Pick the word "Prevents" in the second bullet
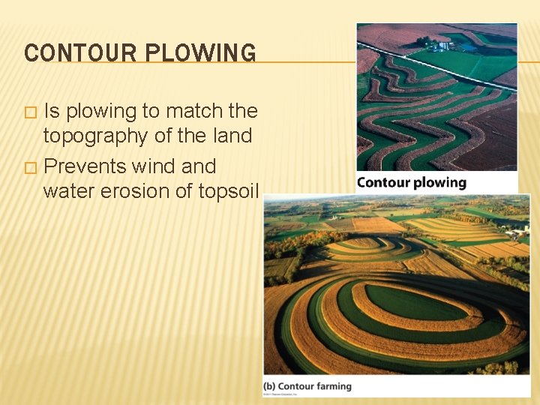pos(85,166)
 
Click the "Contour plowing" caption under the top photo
pos(411,182)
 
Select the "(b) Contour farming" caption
pos(307,386)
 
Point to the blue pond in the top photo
pos(470,46)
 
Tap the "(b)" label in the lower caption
pos(268,386)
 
